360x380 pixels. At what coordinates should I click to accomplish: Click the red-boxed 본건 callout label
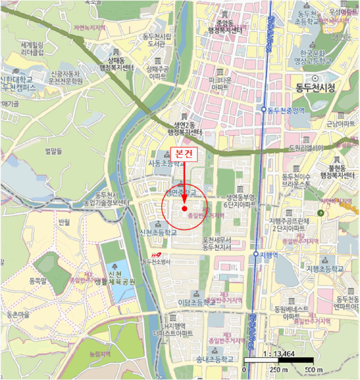point(185,154)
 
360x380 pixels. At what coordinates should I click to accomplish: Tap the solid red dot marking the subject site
point(185,208)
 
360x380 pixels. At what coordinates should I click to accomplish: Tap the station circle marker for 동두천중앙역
point(264,109)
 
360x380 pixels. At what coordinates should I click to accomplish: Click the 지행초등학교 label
point(325,269)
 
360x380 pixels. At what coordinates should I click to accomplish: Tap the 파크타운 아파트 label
point(219,83)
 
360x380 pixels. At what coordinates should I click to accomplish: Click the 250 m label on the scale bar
point(278,370)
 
